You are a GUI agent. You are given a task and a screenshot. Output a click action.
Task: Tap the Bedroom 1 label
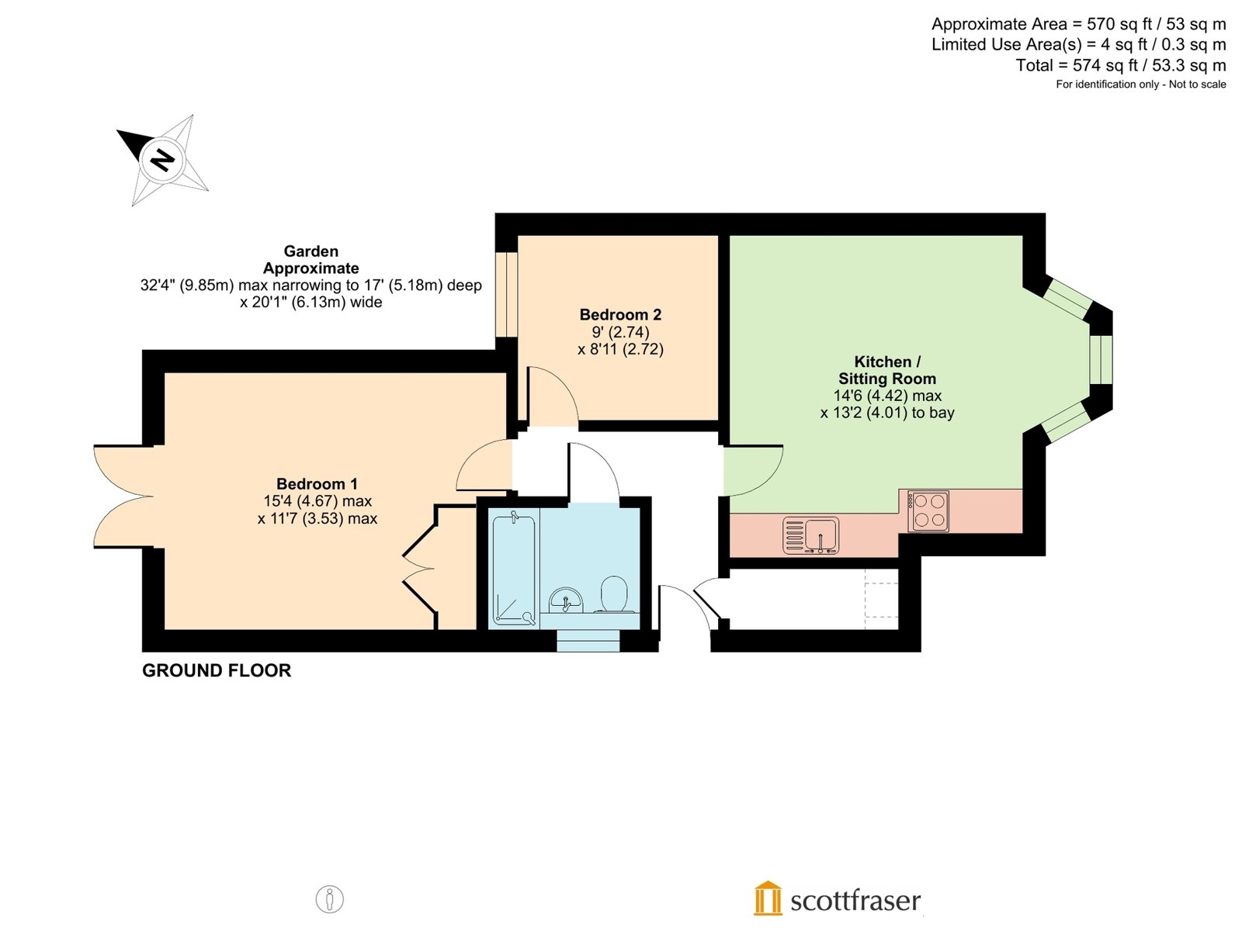click(317, 484)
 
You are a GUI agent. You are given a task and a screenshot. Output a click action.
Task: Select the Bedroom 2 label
click(620, 314)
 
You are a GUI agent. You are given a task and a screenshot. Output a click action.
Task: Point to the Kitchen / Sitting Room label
click(887, 370)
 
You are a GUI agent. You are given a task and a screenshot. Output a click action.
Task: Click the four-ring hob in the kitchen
click(928, 511)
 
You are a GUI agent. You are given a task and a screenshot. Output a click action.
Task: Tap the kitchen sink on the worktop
click(811, 535)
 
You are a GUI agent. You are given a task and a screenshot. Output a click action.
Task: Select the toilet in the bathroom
click(613, 594)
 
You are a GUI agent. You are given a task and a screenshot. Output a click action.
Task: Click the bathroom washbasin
click(565, 600)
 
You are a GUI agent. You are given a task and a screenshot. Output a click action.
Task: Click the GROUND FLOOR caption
click(217, 670)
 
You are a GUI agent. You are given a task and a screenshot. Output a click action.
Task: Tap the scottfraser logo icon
click(767, 898)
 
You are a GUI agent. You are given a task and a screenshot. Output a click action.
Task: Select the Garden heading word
click(311, 251)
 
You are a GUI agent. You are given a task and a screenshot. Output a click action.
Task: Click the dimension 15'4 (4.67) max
click(317, 501)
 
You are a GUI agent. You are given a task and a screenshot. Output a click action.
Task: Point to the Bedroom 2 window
click(506, 295)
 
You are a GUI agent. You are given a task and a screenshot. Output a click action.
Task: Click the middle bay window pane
click(1101, 359)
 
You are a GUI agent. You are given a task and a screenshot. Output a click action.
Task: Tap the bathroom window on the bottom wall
click(588, 641)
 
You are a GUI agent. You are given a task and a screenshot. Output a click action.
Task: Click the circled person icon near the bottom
click(329, 898)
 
